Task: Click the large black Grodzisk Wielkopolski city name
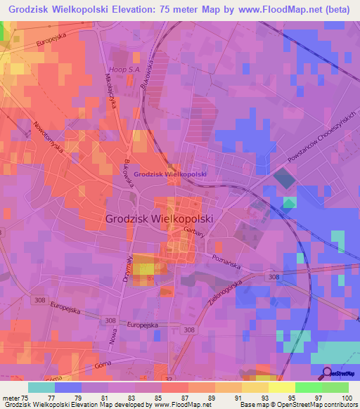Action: point(158,219)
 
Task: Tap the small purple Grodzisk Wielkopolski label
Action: point(169,174)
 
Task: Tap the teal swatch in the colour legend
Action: point(41,387)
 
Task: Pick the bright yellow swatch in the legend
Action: point(281,387)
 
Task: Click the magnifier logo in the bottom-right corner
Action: point(328,372)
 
